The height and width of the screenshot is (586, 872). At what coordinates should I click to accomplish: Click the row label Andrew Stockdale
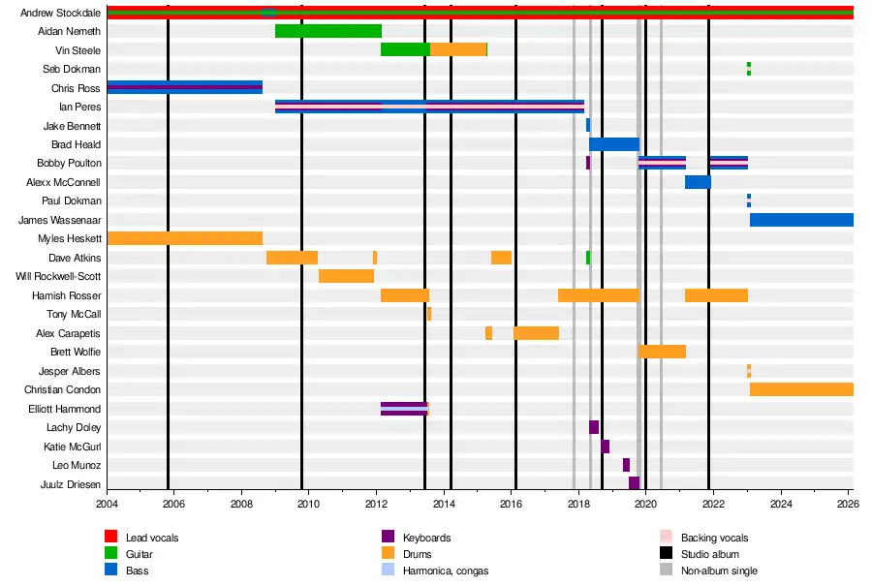coord(60,13)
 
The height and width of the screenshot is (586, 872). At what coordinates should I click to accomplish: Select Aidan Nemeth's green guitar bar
coord(328,31)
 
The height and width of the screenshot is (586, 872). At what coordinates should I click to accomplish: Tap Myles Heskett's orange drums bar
coord(185,238)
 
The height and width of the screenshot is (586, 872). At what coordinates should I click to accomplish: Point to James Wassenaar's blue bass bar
coord(801,220)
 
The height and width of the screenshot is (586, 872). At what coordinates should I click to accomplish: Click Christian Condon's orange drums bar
coord(801,389)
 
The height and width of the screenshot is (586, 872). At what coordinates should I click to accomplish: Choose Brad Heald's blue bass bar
coord(614,144)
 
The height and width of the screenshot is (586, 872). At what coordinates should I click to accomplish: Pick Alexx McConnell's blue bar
coord(698,182)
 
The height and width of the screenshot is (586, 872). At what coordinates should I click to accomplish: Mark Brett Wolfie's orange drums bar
coord(662,352)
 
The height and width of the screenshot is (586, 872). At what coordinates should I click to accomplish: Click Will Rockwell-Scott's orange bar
coord(346,276)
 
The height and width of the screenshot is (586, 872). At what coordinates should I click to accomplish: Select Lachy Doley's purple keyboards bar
coord(594,427)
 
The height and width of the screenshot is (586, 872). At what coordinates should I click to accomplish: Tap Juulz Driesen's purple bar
coord(634,483)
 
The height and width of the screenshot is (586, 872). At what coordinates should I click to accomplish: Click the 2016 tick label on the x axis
coord(511,504)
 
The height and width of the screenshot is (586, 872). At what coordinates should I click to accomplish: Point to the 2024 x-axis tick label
coord(781,504)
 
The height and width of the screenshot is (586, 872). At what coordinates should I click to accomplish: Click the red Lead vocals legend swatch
coord(110,537)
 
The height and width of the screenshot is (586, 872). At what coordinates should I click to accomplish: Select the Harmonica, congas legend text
coord(446,571)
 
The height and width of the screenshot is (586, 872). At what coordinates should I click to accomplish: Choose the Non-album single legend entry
coord(708,570)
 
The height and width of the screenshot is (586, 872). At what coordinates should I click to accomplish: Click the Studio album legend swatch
coord(666,553)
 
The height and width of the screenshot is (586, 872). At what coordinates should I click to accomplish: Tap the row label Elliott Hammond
coord(65,409)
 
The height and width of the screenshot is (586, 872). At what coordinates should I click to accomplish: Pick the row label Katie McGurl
coord(73,447)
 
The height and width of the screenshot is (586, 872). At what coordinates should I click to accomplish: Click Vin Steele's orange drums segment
coord(458,49)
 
